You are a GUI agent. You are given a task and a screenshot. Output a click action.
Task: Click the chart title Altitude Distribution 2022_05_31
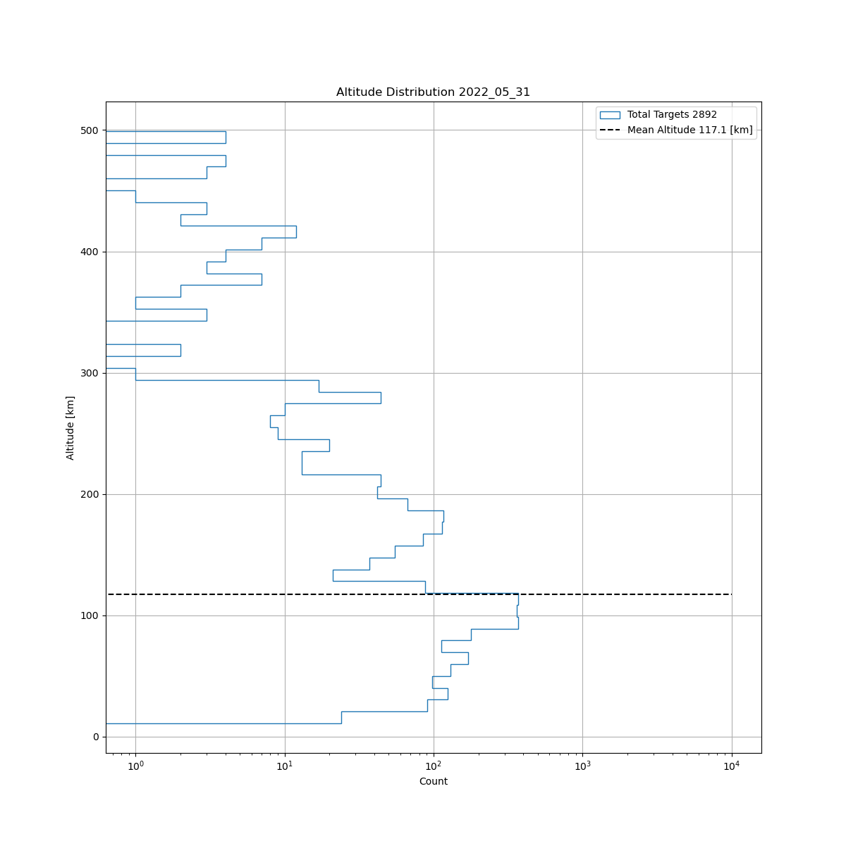pos(433,92)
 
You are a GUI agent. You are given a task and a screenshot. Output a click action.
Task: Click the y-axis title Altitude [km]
pos(70,428)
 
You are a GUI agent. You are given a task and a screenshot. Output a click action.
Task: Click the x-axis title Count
pos(433,781)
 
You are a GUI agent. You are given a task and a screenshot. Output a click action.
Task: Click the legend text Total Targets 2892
pos(672,115)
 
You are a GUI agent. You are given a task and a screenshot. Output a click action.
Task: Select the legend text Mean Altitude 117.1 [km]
pos(689,130)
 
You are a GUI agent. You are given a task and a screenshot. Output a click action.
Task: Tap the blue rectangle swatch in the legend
pos(610,115)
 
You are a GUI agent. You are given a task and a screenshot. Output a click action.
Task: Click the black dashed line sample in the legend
pos(610,130)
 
